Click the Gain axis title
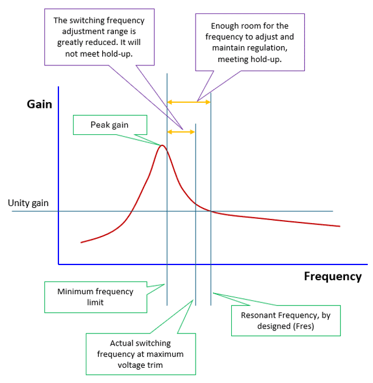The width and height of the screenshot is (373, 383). [39, 105]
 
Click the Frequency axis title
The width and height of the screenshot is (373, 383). [333, 277]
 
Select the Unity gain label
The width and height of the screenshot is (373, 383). [28, 203]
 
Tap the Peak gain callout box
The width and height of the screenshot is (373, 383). [110, 125]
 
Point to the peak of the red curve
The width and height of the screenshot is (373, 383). [162, 145]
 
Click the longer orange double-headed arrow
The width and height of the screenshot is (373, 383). [189, 102]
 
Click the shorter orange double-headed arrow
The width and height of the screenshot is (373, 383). [181, 132]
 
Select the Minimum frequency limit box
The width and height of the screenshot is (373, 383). [96, 297]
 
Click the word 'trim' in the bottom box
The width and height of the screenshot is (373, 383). [155, 365]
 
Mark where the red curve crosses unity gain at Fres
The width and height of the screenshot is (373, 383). [211, 211]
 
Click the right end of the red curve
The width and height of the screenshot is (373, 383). [340, 226]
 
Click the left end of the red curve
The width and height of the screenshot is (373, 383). [81, 242]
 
